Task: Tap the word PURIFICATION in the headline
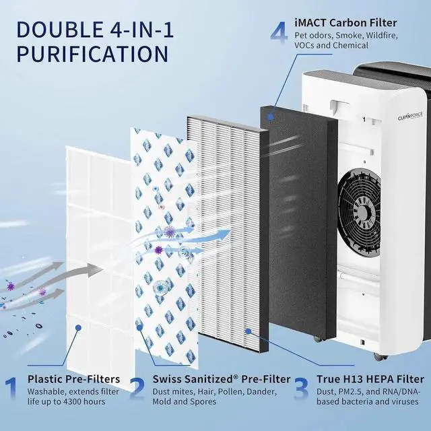tap(92, 54)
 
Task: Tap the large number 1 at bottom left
tap(11, 389)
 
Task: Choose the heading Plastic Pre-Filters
tap(74, 379)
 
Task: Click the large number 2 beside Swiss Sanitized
tap(137, 389)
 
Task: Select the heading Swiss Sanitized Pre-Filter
tap(222, 379)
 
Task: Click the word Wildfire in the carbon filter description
tap(403, 34)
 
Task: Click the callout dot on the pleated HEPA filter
tap(248, 331)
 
